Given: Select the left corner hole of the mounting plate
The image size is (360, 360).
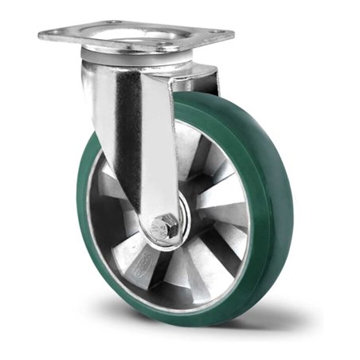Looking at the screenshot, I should tap(49, 33).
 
